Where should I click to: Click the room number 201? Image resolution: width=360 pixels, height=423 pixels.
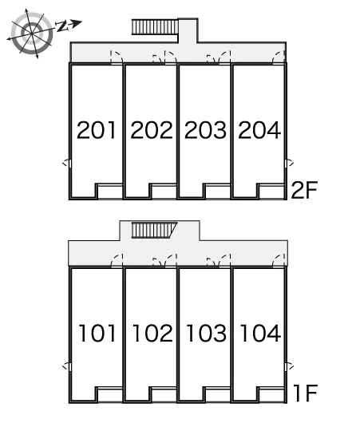[x=97, y=130]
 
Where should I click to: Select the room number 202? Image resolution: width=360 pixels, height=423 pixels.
[x=152, y=130]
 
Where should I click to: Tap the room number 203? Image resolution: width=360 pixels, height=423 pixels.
[x=205, y=130]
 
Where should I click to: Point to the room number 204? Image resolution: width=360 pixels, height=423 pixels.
[x=259, y=130]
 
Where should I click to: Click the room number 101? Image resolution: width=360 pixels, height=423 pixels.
[x=97, y=333]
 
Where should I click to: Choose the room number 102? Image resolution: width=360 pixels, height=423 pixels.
[x=152, y=333]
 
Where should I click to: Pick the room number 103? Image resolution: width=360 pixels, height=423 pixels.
[x=207, y=333]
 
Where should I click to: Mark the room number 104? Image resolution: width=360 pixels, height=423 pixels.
[x=260, y=333]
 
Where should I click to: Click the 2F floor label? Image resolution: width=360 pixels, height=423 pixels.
[x=304, y=190]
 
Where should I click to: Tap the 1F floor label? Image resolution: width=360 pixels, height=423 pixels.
[x=305, y=393]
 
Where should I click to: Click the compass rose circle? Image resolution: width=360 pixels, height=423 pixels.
[x=33, y=33]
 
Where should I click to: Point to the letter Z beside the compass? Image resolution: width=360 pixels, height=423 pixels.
[x=61, y=26]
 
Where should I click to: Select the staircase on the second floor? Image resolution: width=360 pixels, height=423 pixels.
[x=155, y=26]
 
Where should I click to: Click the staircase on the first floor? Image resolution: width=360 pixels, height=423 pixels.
[x=154, y=230]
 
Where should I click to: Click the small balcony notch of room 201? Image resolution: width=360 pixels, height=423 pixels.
[x=110, y=192]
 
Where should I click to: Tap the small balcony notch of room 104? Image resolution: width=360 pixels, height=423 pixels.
[x=271, y=395]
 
